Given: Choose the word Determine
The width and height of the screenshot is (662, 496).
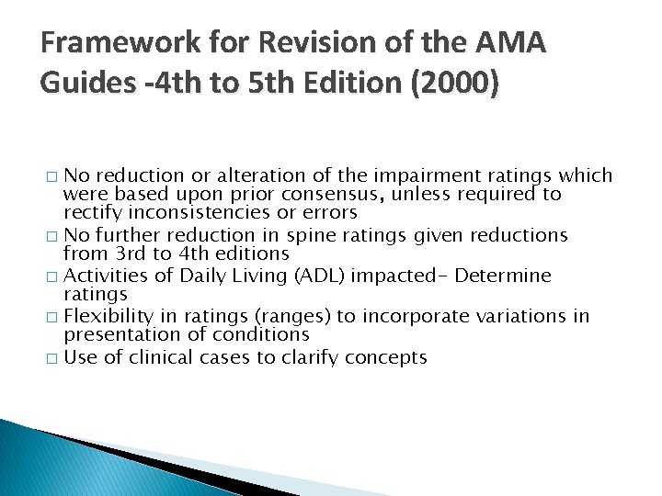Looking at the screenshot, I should coord(514,276).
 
